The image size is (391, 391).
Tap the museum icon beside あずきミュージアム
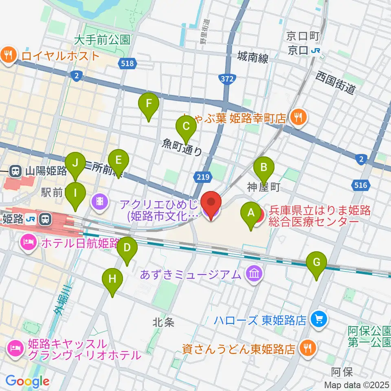tap(254, 274)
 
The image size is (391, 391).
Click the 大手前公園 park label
tap(102, 40)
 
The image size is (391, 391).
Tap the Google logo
tap(27, 381)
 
